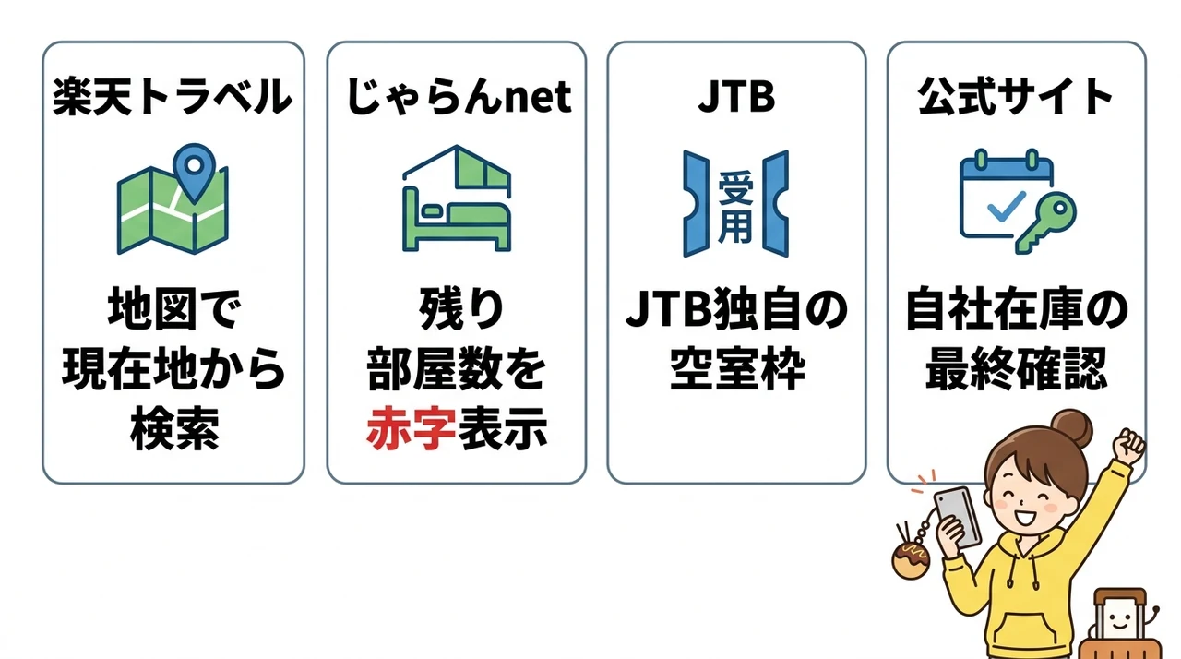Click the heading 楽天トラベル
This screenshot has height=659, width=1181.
173,97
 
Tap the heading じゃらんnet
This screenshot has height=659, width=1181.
458,97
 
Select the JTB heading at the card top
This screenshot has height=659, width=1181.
736,97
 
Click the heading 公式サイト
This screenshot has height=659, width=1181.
1015,97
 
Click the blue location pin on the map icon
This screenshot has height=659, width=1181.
194,172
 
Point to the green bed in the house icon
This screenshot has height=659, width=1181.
456,222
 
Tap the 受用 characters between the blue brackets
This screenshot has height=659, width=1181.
735,206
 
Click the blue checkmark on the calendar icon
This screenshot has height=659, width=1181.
1006,206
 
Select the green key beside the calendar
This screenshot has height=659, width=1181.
1046,222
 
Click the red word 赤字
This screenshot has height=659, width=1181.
412,427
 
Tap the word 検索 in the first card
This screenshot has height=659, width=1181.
174,427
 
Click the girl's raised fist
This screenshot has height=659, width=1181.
1128,447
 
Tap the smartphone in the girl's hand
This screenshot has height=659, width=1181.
958,517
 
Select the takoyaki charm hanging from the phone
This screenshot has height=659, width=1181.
911,561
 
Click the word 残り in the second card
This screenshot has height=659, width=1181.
461,308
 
